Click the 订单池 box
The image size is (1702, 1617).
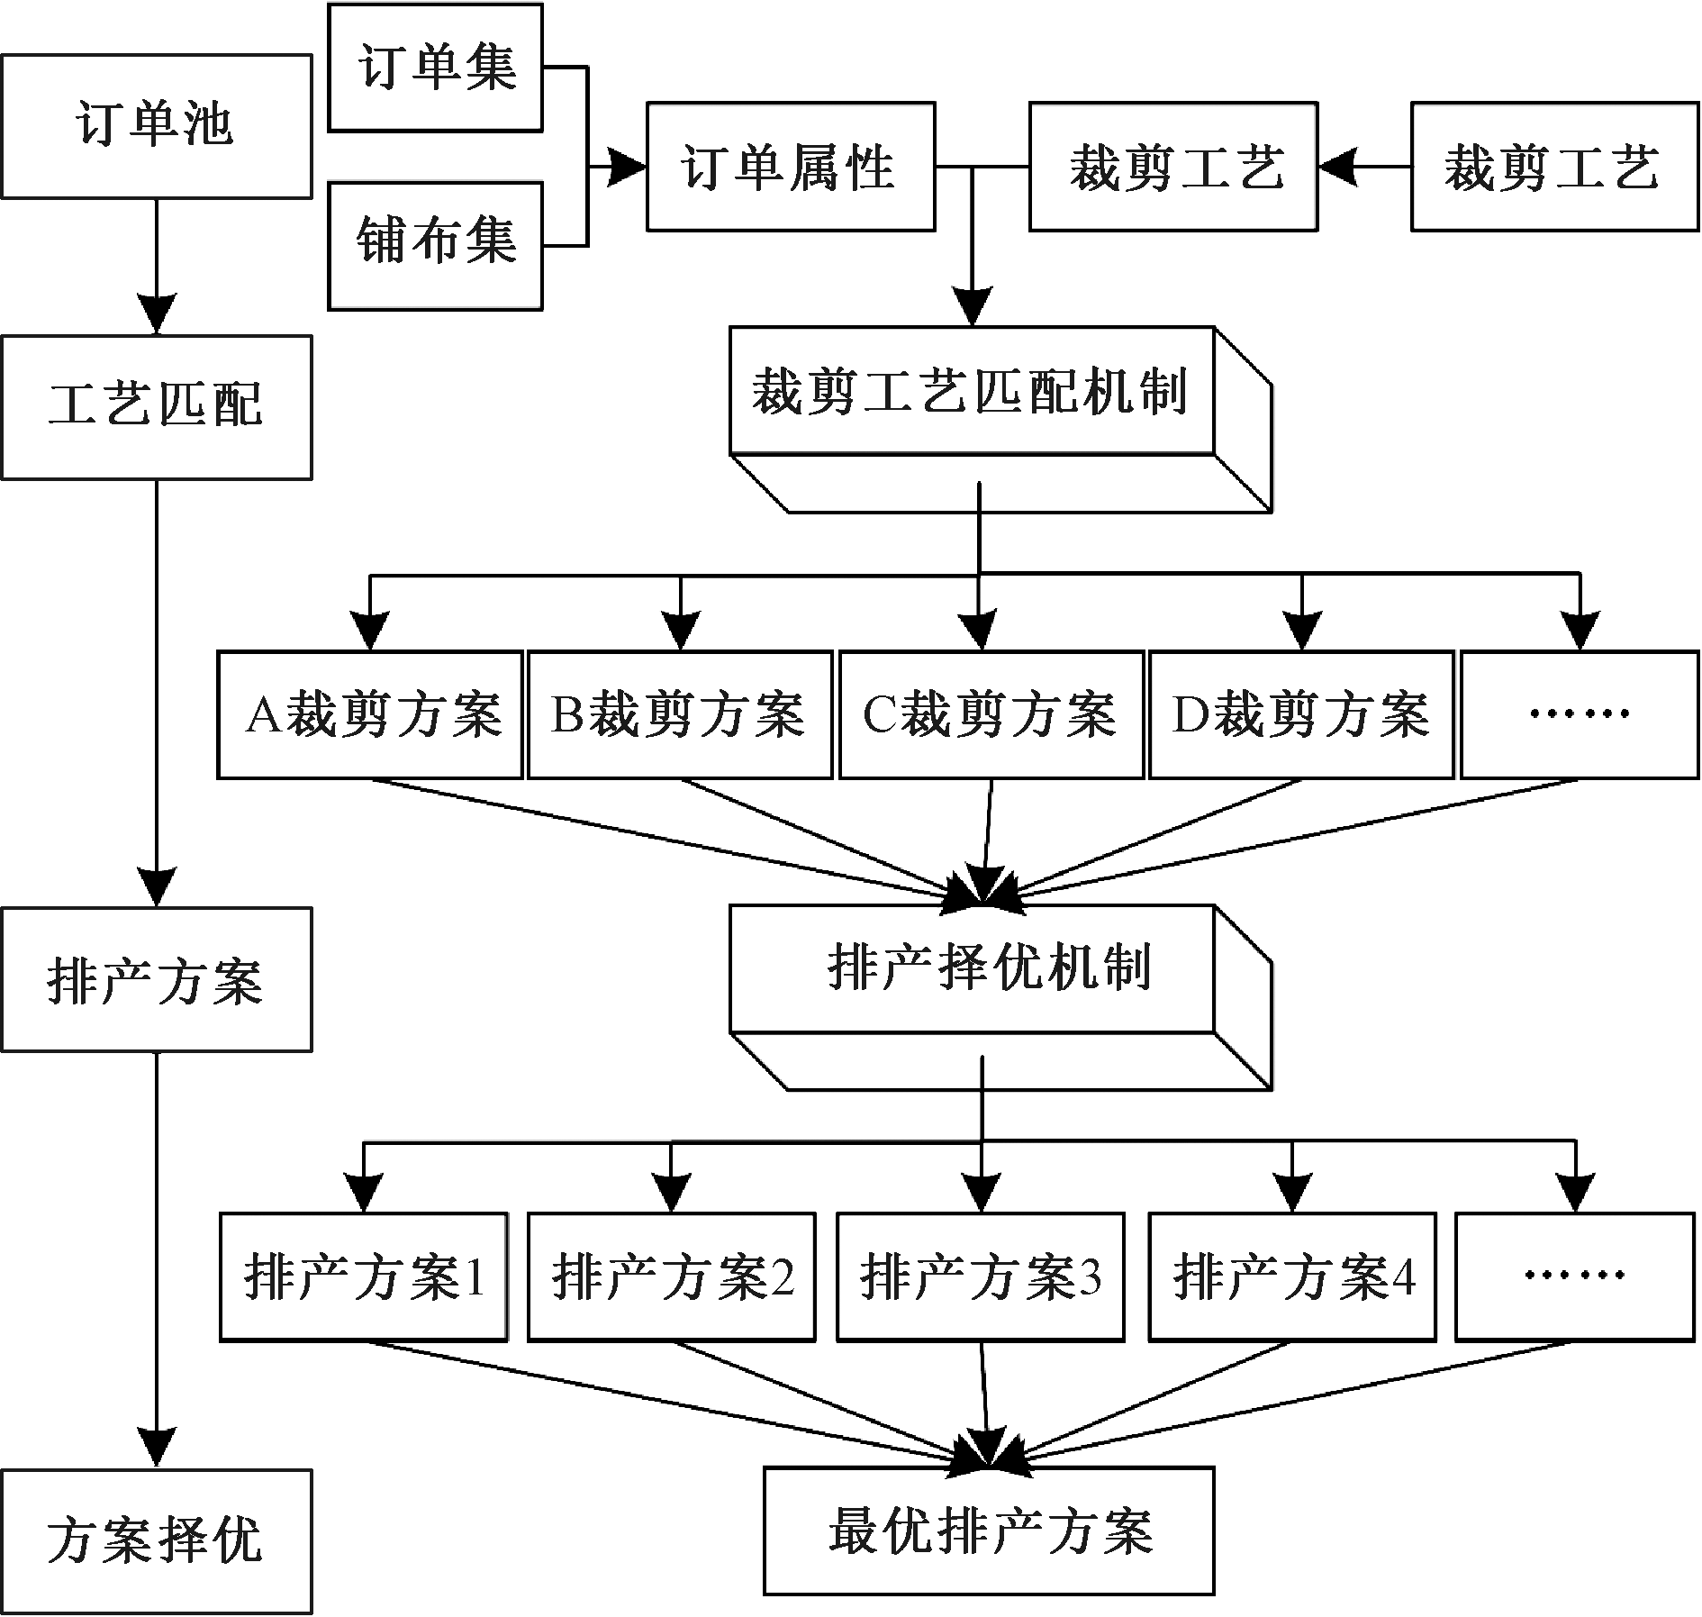(x=157, y=126)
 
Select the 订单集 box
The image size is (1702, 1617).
(x=435, y=68)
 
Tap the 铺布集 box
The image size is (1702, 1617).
(x=435, y=246)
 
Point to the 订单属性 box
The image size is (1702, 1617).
(x=791, y=167)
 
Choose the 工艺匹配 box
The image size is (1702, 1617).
(x=157, y=407)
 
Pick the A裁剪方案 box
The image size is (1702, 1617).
(x=370, y=714)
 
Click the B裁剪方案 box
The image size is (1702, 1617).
(x=680, y=714)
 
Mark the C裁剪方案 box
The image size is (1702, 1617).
(x=991, y=714)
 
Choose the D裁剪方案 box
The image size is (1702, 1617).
(x=1302, y=714)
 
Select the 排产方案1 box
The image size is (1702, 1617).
(x=364, y=1276)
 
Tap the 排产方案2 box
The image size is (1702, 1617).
(x=672, y=1276)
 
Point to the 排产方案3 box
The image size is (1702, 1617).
(x=981, y=1276)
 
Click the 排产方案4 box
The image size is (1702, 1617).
(x=1292, y=1276)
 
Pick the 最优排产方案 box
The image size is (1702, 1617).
(x=989, y=1531)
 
